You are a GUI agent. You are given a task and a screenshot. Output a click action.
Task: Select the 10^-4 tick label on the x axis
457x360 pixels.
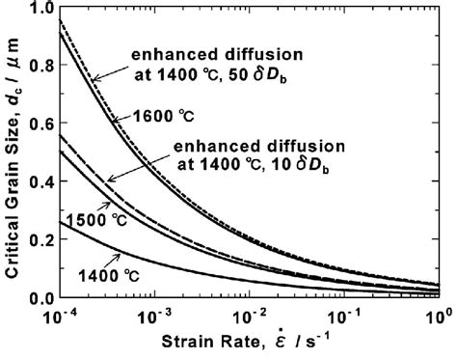[x=60, y=315]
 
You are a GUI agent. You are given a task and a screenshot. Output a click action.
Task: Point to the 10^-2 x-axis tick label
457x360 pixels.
[x=250, y=315]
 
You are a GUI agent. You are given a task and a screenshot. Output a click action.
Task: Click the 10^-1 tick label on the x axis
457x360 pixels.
[x=345, y=315]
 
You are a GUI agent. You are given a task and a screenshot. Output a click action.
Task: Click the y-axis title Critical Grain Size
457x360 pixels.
[x=13, y=154]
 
